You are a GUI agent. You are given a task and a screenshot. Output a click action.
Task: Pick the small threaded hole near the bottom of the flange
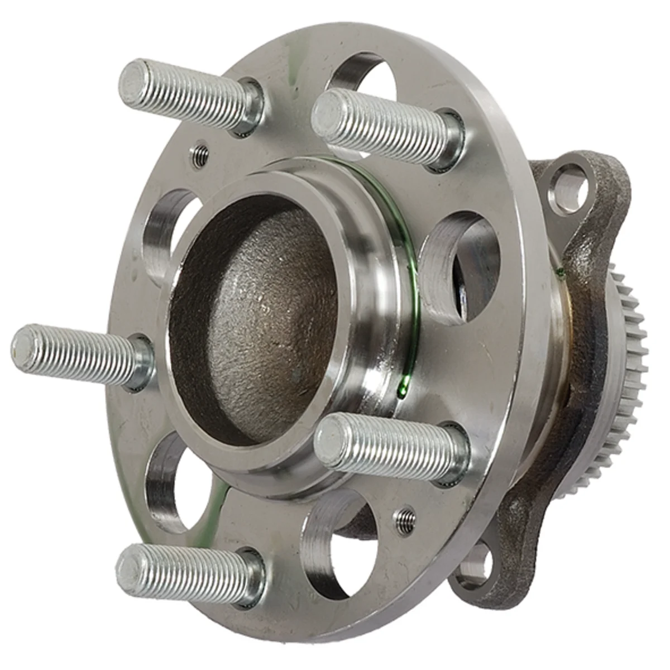[x=406, y=517]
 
